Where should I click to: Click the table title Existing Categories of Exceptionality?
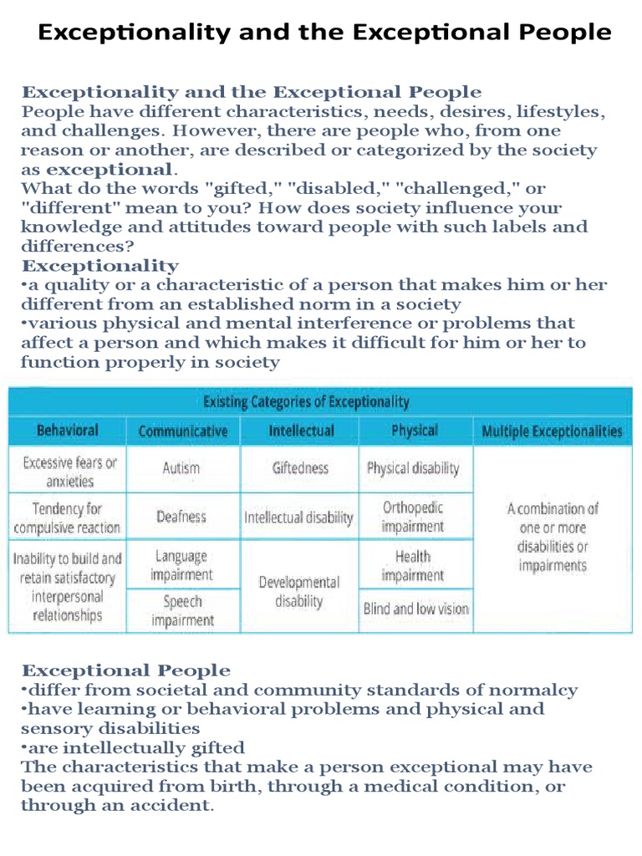306,402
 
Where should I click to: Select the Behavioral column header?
67,431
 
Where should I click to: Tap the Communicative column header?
182,431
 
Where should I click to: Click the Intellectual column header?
301,431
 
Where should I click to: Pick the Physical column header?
414,431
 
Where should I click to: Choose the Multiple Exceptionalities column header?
552,431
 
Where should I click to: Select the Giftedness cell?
300,468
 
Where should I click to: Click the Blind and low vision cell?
415,609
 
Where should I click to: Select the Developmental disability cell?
299,591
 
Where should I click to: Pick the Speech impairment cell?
182,610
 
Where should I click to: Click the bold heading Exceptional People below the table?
125,670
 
